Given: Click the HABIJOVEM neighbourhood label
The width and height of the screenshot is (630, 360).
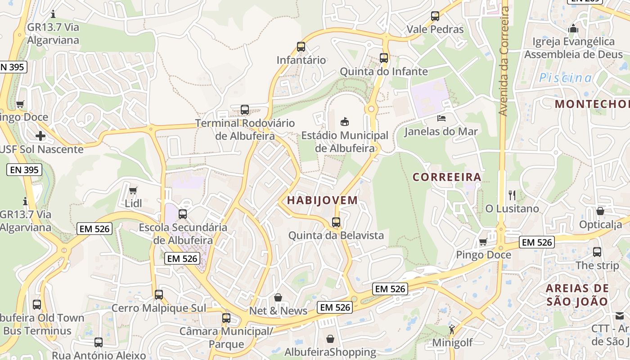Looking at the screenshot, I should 322,200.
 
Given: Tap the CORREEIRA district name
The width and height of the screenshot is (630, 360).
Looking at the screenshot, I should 447,177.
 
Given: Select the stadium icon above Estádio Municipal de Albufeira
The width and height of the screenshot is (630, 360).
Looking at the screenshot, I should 345,121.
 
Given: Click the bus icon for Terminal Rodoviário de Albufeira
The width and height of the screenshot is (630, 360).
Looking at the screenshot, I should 245,109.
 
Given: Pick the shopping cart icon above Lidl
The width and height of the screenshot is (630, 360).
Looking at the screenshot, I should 133,190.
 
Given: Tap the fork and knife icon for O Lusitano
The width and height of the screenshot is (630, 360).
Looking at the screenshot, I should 512,195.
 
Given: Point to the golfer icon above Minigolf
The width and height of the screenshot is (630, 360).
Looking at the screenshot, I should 452,330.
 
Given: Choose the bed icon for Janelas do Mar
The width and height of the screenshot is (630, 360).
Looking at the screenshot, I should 441,118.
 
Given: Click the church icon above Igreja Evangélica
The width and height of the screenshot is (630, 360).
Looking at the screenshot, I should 573,28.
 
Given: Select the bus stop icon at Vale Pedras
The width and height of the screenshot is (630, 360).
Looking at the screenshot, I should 435,16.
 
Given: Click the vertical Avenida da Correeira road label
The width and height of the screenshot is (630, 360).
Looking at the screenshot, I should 504,61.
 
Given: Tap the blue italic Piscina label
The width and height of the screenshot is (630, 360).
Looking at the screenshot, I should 566,78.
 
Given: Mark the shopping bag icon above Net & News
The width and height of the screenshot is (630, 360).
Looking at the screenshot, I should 278,297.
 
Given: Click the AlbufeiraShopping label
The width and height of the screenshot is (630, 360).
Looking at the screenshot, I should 330,352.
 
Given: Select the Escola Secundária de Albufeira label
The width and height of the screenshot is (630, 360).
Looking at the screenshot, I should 183,234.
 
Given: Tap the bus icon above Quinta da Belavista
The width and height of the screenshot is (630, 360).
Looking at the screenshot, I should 336,222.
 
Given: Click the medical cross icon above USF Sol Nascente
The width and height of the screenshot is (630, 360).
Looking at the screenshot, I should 40,135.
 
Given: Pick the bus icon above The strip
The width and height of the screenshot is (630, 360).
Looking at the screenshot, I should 597,252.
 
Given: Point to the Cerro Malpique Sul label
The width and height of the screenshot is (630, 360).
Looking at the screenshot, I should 158,308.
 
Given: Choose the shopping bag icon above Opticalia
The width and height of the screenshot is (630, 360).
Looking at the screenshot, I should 600,211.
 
